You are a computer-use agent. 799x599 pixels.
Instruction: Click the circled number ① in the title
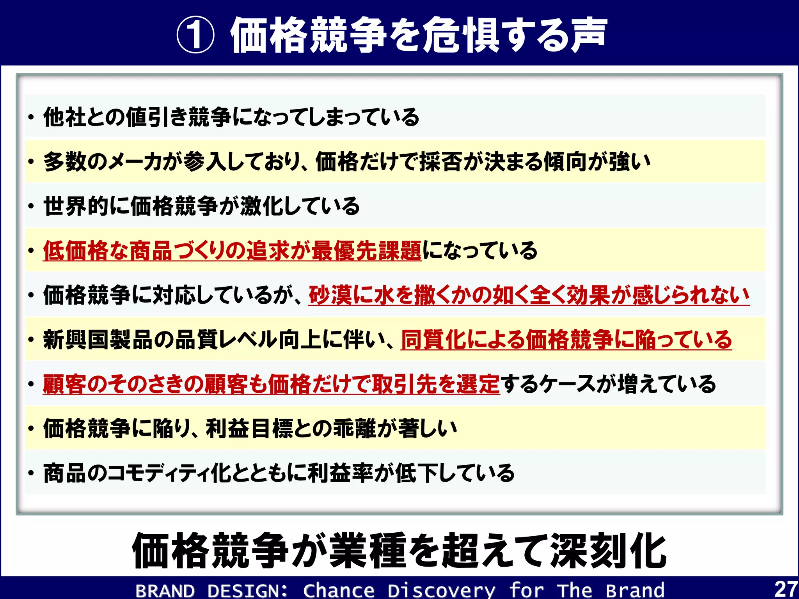[195, 35]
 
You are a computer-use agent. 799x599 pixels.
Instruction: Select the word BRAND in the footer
[165, 590]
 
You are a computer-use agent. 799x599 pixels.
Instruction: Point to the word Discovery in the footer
[441, 590]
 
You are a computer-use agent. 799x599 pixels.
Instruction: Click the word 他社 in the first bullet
[65, 117]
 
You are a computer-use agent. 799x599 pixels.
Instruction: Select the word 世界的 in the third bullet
[76, 206]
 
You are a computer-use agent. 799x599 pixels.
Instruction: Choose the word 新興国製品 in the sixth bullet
[98, 339]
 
